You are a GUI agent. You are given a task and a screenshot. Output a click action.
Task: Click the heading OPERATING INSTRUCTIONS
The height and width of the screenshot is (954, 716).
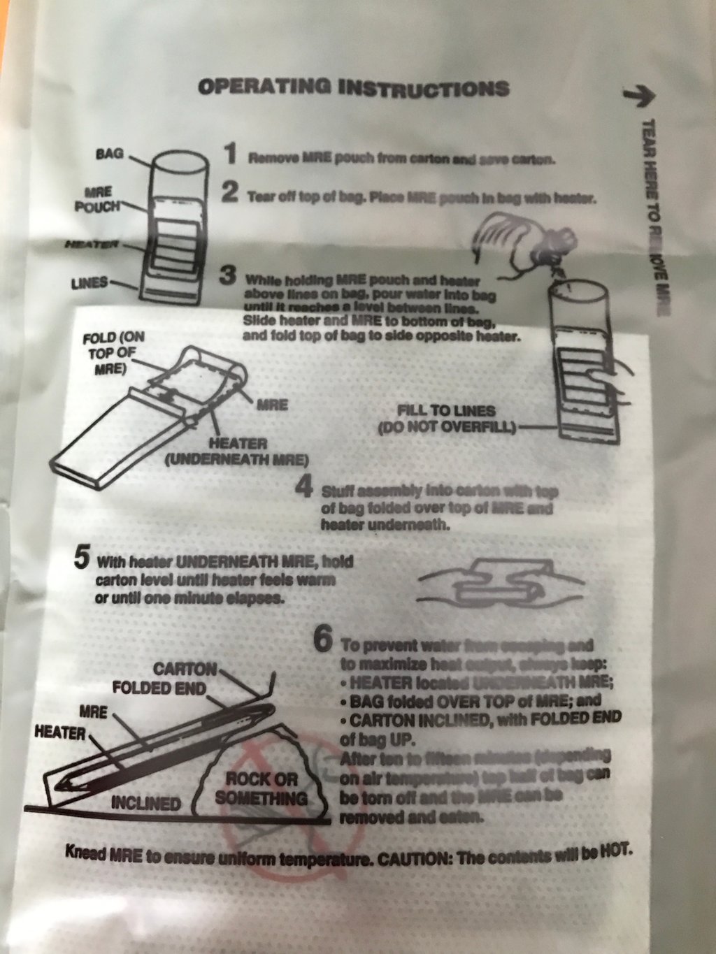[x=353, y=87]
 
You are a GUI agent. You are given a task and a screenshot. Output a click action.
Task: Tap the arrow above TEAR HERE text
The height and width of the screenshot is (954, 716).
[x=637, y=97]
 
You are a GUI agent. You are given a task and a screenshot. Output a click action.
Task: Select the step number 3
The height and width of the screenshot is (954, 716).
[x=228, y=275]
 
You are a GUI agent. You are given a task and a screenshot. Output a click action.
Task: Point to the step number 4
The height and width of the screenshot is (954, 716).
[x=303, y=486]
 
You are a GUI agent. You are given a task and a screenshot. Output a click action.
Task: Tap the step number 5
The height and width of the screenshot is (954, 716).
[x=82, y=558]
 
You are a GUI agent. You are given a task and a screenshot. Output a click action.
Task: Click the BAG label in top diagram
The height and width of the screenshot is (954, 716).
[x=109, y=152]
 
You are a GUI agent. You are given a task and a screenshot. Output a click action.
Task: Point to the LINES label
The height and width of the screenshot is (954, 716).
[x=89, y=283]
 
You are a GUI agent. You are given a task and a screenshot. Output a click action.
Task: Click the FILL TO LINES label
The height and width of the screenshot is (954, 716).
[x=446, y=419]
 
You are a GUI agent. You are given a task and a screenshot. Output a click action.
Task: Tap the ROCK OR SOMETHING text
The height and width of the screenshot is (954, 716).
[x=261, y=788]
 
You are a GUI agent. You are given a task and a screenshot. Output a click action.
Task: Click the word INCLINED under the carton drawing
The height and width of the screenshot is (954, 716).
[x=145, y=803]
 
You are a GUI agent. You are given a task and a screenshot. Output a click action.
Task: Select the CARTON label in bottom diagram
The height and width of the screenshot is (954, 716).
[x=185, y=669]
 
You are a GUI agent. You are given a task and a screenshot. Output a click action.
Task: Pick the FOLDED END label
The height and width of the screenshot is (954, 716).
[x=159, y=688]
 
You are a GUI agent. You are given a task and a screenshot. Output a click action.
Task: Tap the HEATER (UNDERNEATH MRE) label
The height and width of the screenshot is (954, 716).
[x=236, y=451]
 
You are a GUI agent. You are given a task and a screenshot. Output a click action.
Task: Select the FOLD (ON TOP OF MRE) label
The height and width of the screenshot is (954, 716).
[x=113, y=353]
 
